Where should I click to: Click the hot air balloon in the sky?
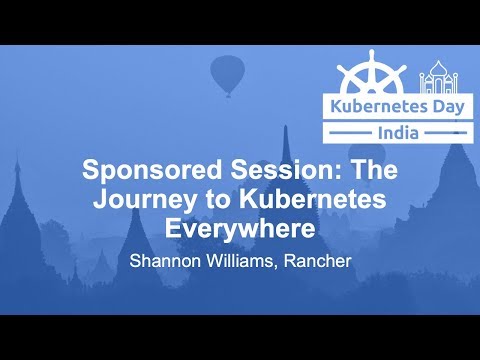[x=227, y=75]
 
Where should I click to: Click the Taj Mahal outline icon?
[x=440, y=75]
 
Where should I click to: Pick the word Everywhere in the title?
[x=240, y=227]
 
